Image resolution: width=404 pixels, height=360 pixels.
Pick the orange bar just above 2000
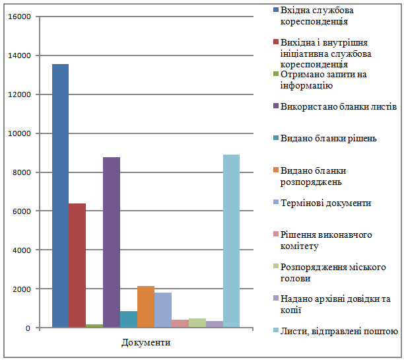click(x=146, y=306)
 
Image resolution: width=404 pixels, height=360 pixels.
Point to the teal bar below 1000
click(x=129, y=319)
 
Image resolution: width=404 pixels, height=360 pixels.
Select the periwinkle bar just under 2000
click(x=163, y=310)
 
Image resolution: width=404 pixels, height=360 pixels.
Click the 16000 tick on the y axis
click(x=20, y=17)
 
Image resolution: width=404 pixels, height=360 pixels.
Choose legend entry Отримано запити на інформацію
click(x=323, y=80)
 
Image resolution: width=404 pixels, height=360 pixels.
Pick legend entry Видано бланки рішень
click(x=329, y=138)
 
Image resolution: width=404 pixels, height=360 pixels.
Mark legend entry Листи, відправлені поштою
click(x=339, y=331)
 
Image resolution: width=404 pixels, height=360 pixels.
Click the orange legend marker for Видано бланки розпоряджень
click(x=275, y=170)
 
